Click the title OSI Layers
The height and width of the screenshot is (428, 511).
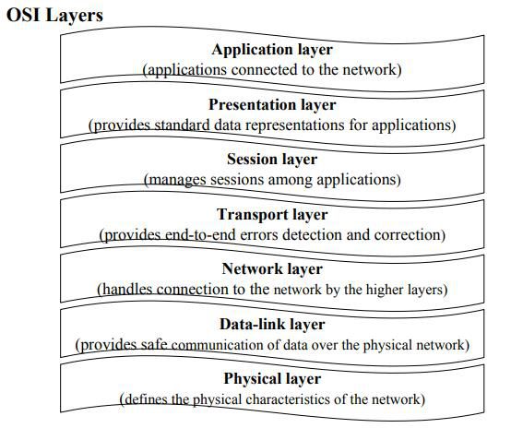(x=54, y=16)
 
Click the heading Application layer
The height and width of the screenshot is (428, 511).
(x=272, y=50)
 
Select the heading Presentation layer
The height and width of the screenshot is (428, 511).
(x=272, y=105)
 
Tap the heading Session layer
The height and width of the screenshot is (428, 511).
(x=272, y=160)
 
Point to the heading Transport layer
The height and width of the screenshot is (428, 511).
(x=272, y=215)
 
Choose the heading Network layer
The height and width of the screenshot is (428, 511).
(x=272, y=269)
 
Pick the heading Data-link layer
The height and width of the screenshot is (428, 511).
(x=272, y=325)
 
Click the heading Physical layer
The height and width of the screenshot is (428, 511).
(x=272, y=379)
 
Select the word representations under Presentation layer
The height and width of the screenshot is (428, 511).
(x=294, y=125)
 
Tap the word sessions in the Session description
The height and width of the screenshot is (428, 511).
(x=237, y=180)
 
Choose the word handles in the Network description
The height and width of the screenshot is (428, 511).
(x=127, y=290)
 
